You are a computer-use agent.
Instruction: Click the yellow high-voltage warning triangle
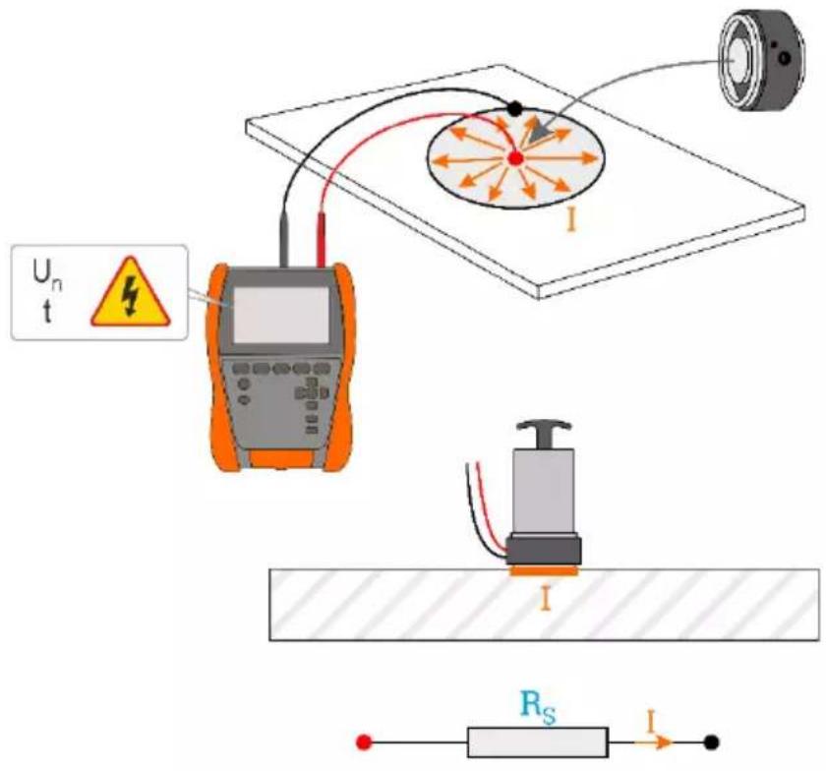coord(130,294)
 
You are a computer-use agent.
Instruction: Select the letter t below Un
coord(47,312)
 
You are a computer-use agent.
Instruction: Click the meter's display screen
coord(281,315)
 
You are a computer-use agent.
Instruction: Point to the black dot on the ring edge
coord(514,109)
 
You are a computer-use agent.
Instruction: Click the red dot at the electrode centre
coord(515,157)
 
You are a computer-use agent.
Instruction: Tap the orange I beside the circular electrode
coord(571,219)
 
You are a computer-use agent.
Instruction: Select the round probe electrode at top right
coord(762,61)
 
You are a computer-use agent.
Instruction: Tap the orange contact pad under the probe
coord(544,571)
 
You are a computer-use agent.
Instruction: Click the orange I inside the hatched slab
coord(545,600)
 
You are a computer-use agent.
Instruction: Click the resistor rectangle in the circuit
coord(538,742)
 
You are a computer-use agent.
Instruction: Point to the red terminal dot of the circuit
coord(364,742)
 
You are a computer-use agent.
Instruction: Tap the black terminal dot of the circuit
coord(711,742)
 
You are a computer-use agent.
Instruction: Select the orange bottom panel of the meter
coord(282,459)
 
